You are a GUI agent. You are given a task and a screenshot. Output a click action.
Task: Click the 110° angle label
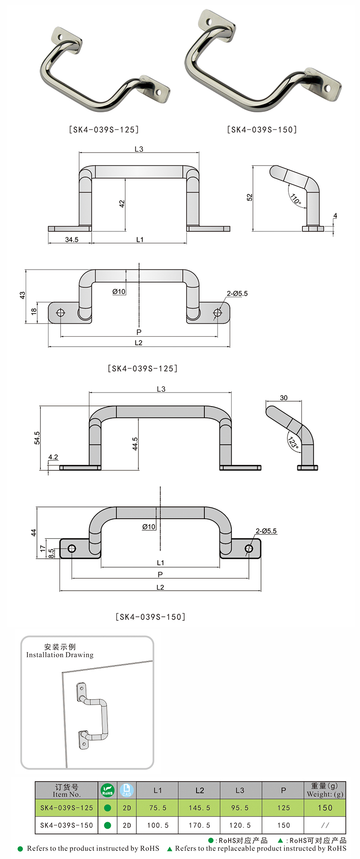coord(296,199)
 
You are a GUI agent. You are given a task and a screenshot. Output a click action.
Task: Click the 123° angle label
coord(293,443)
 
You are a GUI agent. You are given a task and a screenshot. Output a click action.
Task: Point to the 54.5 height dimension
coord(37,438)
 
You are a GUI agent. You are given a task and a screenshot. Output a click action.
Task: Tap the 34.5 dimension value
coord(72,240)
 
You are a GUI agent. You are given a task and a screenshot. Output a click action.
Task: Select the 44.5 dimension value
coord(135,443)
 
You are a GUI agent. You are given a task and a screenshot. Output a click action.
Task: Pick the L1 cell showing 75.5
coord(157,808)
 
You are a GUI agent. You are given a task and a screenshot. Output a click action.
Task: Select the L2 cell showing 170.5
coord(199,825)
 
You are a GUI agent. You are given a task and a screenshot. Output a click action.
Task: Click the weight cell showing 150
coord(325,808)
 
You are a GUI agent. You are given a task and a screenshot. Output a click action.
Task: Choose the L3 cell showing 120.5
coord(240,825)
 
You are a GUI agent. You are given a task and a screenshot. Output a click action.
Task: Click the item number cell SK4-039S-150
coord(67,825)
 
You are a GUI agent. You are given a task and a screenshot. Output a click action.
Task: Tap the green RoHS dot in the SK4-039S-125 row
coord(108,808)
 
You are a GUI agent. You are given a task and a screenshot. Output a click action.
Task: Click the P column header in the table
coord(283,791)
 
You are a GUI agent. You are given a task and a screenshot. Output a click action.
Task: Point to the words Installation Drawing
coord(60,655)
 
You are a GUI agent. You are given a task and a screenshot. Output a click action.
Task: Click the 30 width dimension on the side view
coord(283,398)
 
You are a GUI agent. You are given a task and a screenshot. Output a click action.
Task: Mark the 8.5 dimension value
coord(51,553)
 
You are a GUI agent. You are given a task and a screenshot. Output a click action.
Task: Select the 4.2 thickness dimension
coord(53,457)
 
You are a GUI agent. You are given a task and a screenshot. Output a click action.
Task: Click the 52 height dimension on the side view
coord(250,197)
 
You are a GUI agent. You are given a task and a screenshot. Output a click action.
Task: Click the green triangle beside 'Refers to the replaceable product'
coord(170,849)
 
